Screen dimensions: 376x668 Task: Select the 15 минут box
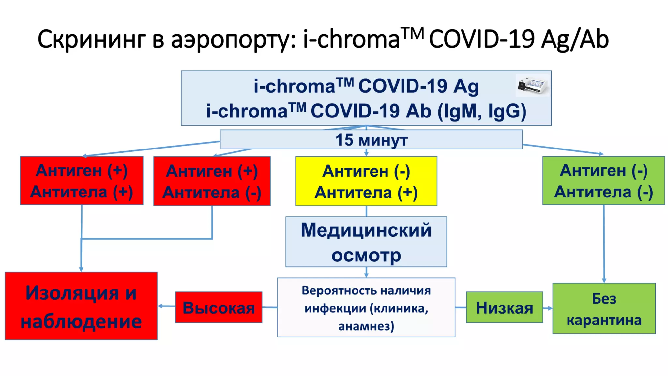(371, 140)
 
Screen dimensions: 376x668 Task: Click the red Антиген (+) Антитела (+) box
(82, 180)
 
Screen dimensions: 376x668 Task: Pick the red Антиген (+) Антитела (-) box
(212, 181)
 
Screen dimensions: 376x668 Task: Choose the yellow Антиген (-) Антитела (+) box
(366, 181)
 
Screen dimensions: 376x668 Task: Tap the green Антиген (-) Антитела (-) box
(603, 180)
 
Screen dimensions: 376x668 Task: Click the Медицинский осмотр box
(366, 242)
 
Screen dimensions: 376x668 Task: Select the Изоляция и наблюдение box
(81, 306)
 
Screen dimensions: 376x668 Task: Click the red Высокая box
(219, 307)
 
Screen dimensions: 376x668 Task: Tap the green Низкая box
(504, 307)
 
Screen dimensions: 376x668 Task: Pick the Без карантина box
(604, 308)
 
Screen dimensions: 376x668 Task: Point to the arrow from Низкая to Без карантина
(548, 308)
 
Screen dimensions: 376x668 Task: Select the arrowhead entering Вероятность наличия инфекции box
(366, 275)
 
